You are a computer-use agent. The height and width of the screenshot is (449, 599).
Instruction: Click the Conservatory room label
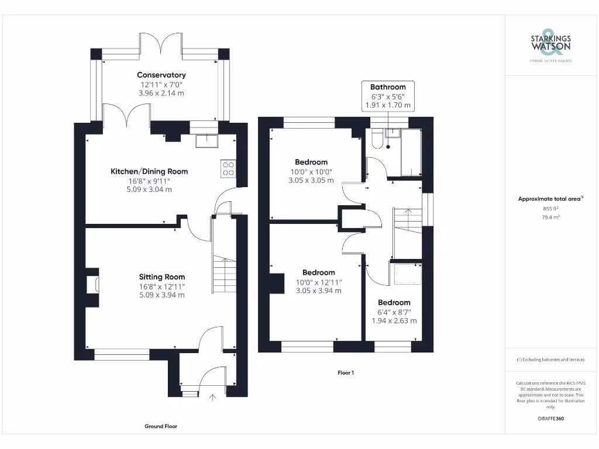[x=161, y=75]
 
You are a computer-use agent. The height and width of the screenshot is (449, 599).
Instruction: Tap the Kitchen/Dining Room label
[x=150, y=171]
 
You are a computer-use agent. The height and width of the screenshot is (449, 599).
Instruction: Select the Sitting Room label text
[x=162, y=277]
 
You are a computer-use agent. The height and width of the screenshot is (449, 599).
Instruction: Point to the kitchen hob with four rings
[x=228, y=168]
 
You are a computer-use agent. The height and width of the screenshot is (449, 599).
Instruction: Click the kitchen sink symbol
[x=206, y=140]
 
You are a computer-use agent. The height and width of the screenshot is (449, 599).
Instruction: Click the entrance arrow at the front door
[x=212, y=399]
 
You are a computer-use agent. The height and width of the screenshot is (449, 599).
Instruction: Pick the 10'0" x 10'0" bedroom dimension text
[x=311, y=171]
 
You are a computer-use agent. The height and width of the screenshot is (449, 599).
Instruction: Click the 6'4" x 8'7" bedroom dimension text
[x=394, y=312]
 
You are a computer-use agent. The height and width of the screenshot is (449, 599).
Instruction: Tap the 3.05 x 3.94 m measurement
[x=319, y=291]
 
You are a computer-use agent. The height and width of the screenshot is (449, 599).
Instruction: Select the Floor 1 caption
[x=346, y=372]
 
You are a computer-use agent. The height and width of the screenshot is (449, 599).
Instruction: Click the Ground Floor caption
[x=161, y=426]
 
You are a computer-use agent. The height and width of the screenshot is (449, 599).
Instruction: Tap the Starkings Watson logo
[x=550, y=44]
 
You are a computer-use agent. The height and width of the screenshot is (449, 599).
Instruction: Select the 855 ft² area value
[x=550, y=208]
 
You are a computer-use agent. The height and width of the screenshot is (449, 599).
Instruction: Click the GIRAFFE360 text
[x=550, y=419]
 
